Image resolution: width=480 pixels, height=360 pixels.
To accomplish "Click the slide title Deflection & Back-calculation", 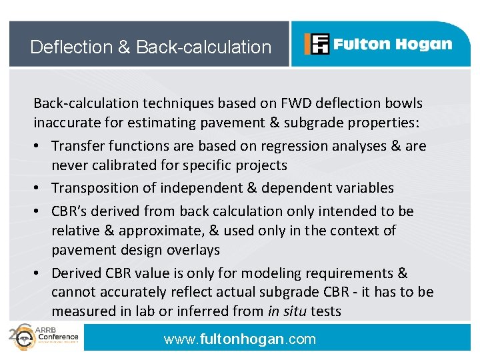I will [x=151, y=47].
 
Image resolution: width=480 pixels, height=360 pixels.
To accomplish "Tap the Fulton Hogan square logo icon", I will [x=317, y=44].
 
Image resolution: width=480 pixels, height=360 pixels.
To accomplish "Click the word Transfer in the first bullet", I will [x=77, y=146].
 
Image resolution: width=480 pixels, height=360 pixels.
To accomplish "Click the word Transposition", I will [x=97, y=188].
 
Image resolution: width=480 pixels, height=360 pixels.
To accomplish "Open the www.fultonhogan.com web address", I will [x=240, y=339].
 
